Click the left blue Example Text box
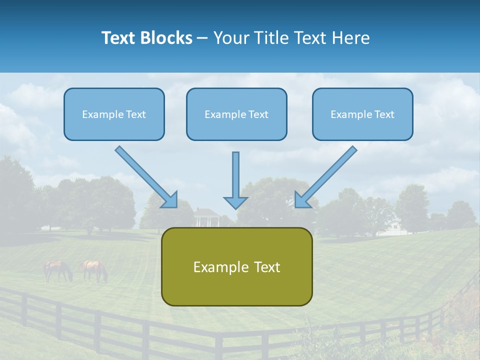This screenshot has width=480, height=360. (x=114, y=114)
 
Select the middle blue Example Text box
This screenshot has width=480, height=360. (x=236, y=114)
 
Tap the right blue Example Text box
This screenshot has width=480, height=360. (x=362, y=114)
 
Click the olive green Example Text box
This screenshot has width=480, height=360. (x=236, y=266)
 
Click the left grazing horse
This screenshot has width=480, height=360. (x=57, y=270)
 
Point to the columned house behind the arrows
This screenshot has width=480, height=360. (x=206, y=217)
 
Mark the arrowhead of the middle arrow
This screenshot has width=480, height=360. (x=235, y=202)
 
